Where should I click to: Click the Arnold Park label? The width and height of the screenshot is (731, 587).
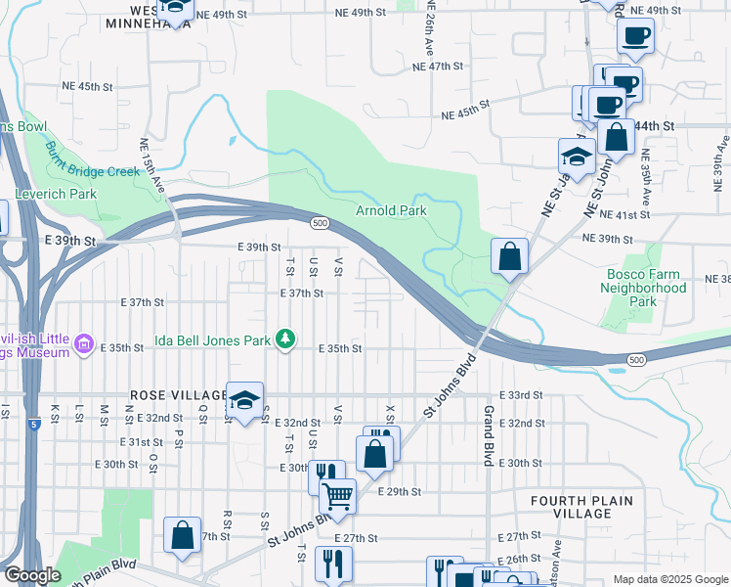[x=391, y=210]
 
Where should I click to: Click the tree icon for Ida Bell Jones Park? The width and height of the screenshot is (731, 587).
[x=284, y=339]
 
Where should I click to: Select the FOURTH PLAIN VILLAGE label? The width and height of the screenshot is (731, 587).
[x=581, y=507]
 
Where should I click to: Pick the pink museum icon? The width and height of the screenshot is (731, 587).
[x=83, y=343]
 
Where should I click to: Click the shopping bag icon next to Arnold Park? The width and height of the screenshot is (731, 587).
[x=509, y=258]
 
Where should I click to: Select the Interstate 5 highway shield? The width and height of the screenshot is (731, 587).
[x=34, y=424]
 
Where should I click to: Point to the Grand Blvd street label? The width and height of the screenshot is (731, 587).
[x=488, y=434]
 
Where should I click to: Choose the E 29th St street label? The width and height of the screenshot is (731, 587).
[x=399, y=491]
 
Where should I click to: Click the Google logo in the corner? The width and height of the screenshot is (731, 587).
[x=31, y=575]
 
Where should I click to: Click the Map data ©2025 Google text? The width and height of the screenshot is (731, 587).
[x=669, y=579]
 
